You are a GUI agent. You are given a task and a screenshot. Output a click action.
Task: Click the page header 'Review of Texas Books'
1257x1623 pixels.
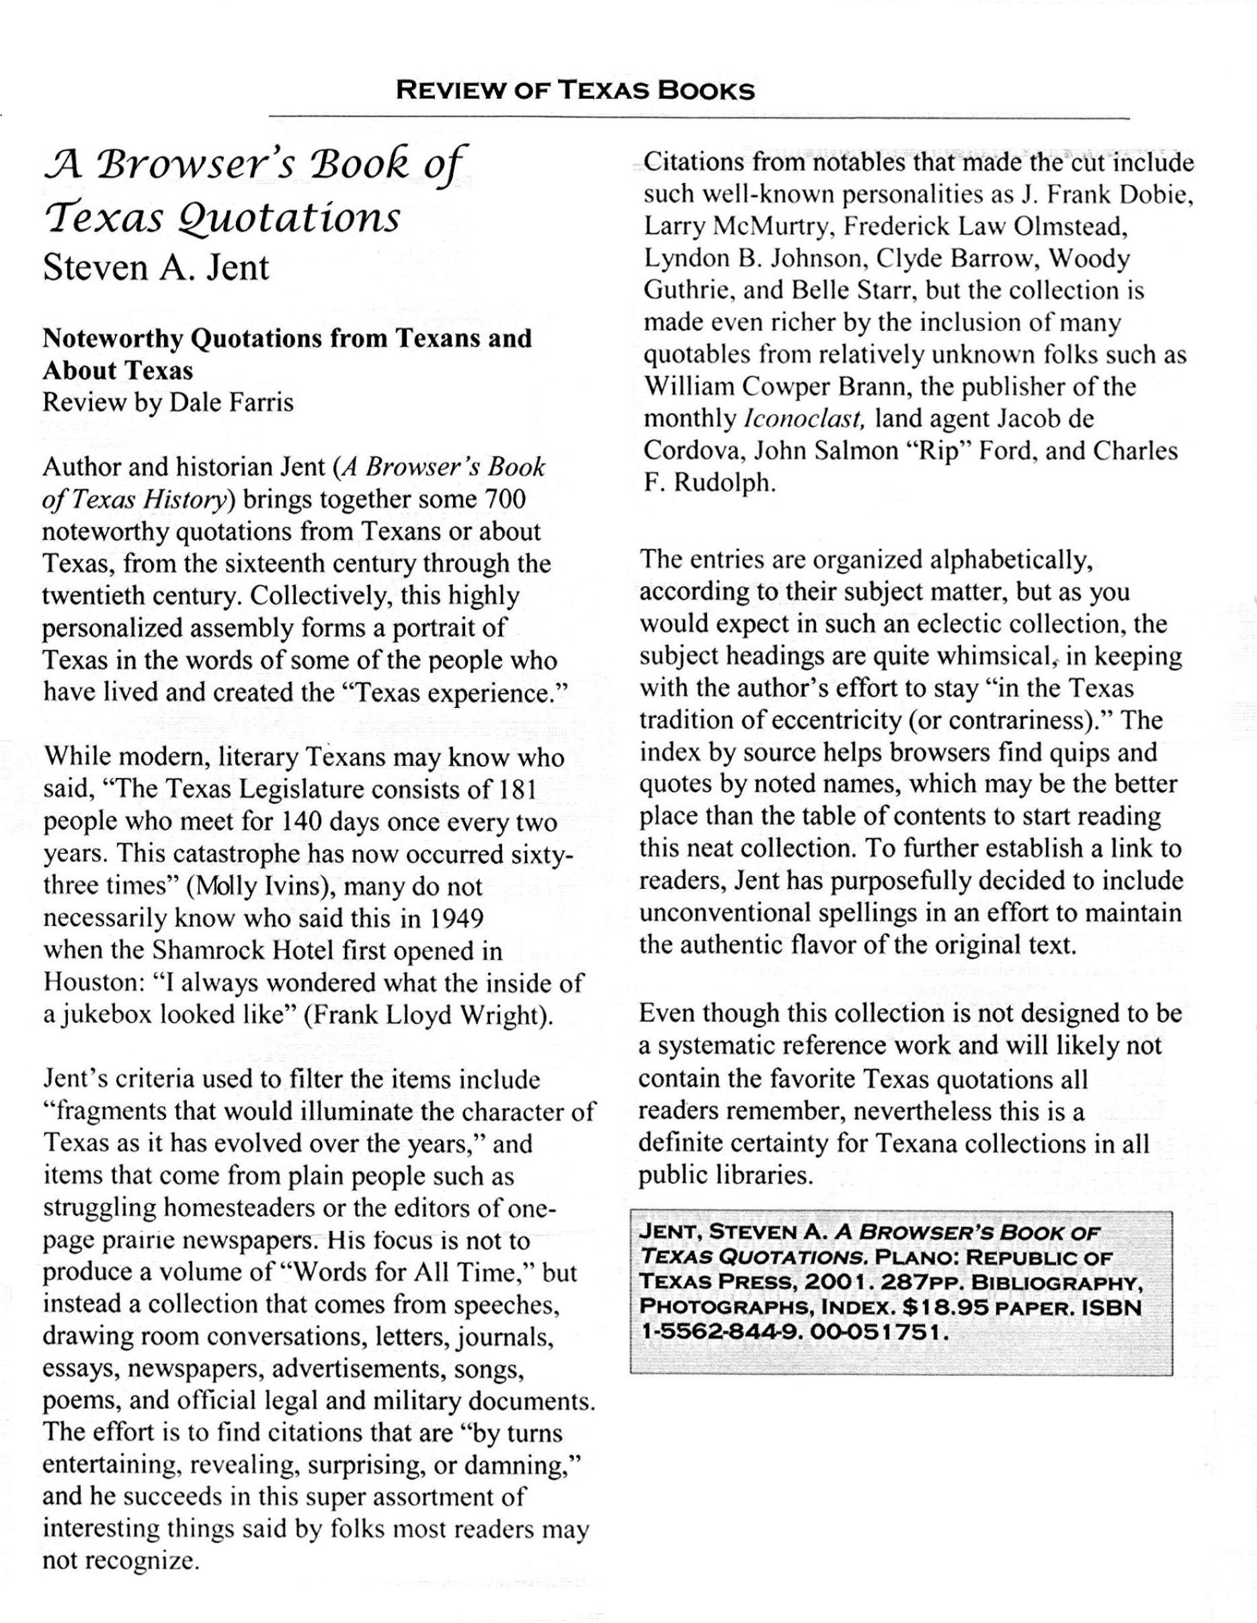[576, 91]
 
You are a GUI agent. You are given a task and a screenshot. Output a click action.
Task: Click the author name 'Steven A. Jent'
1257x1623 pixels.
[156, 267]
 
